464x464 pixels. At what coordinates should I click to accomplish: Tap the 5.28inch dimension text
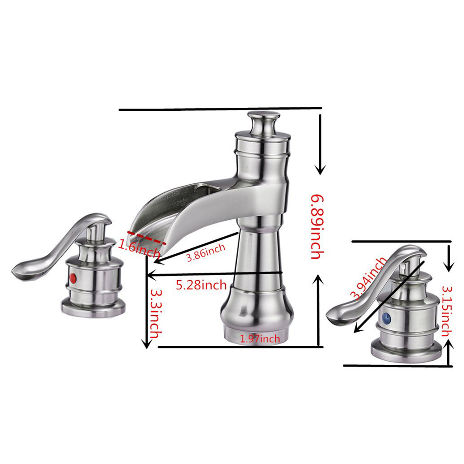[x=201, y=285]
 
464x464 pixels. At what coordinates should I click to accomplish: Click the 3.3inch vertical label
[x=156, y=313]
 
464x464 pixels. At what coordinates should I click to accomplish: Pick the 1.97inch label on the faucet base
[x=260, y=339]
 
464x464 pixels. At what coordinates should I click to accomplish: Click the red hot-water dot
[x=73, y=276]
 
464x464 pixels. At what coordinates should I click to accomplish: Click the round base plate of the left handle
[x=93, y=308]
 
